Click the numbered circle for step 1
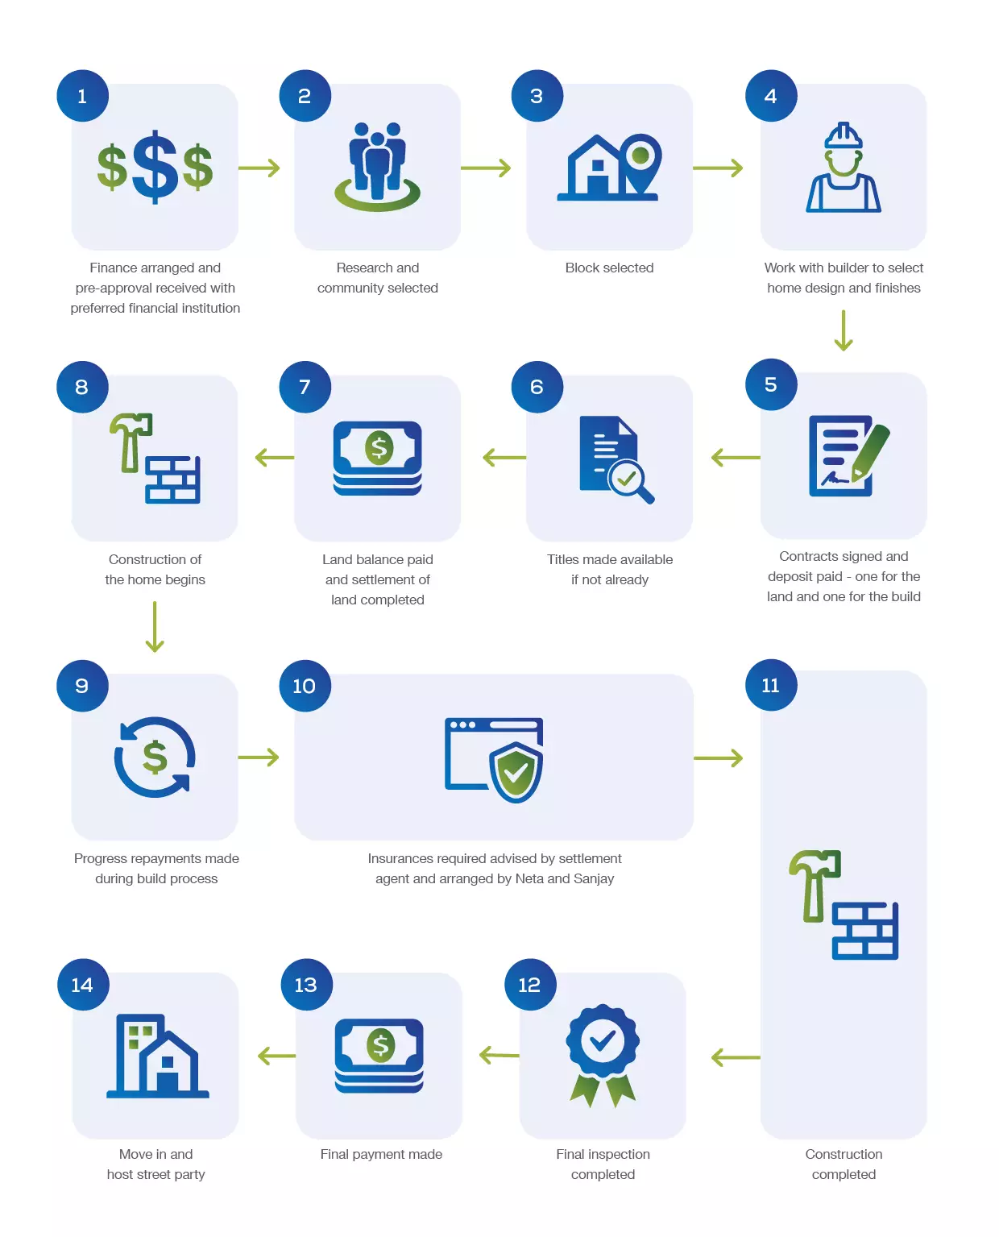82,95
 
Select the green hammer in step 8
130,439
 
